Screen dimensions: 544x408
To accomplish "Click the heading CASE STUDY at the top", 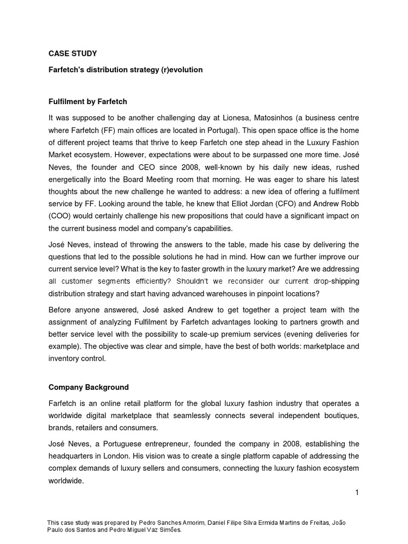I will (73, 54).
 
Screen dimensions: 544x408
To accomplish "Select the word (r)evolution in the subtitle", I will (182, 70).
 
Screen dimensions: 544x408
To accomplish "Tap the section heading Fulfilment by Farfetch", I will (88, 101).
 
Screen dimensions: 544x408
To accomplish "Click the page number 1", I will (357, 492).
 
